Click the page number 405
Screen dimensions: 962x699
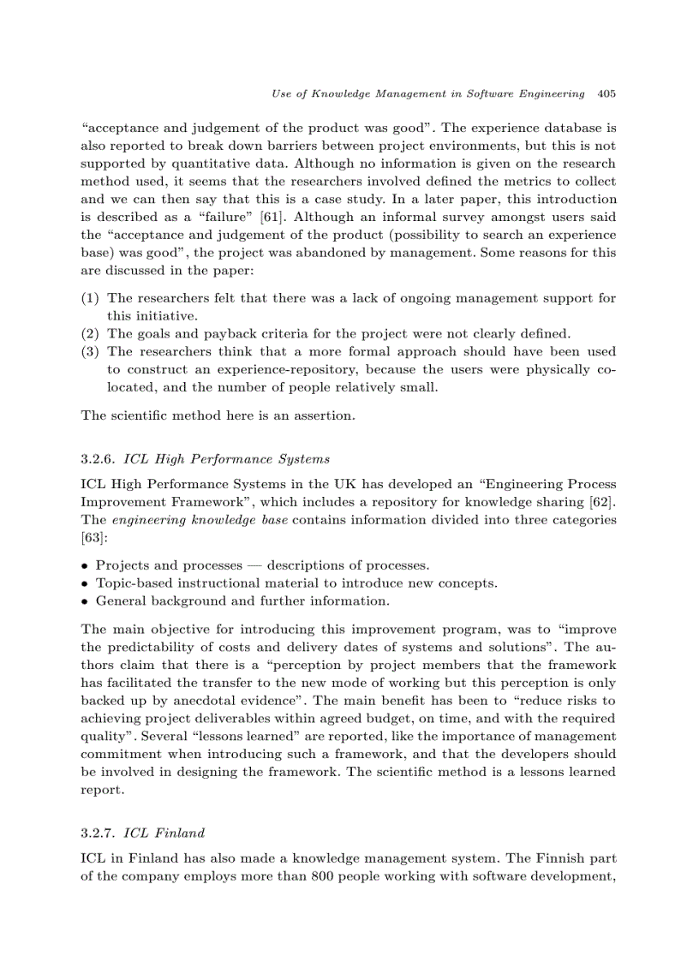pyautogui.click(x=606, y=93)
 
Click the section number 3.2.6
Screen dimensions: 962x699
pyautogui.click(x=99, y=459)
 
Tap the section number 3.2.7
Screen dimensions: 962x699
pyautogui.click(x=99, y=832)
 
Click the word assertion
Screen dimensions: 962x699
pyautogui.click(x=323, y=415)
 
